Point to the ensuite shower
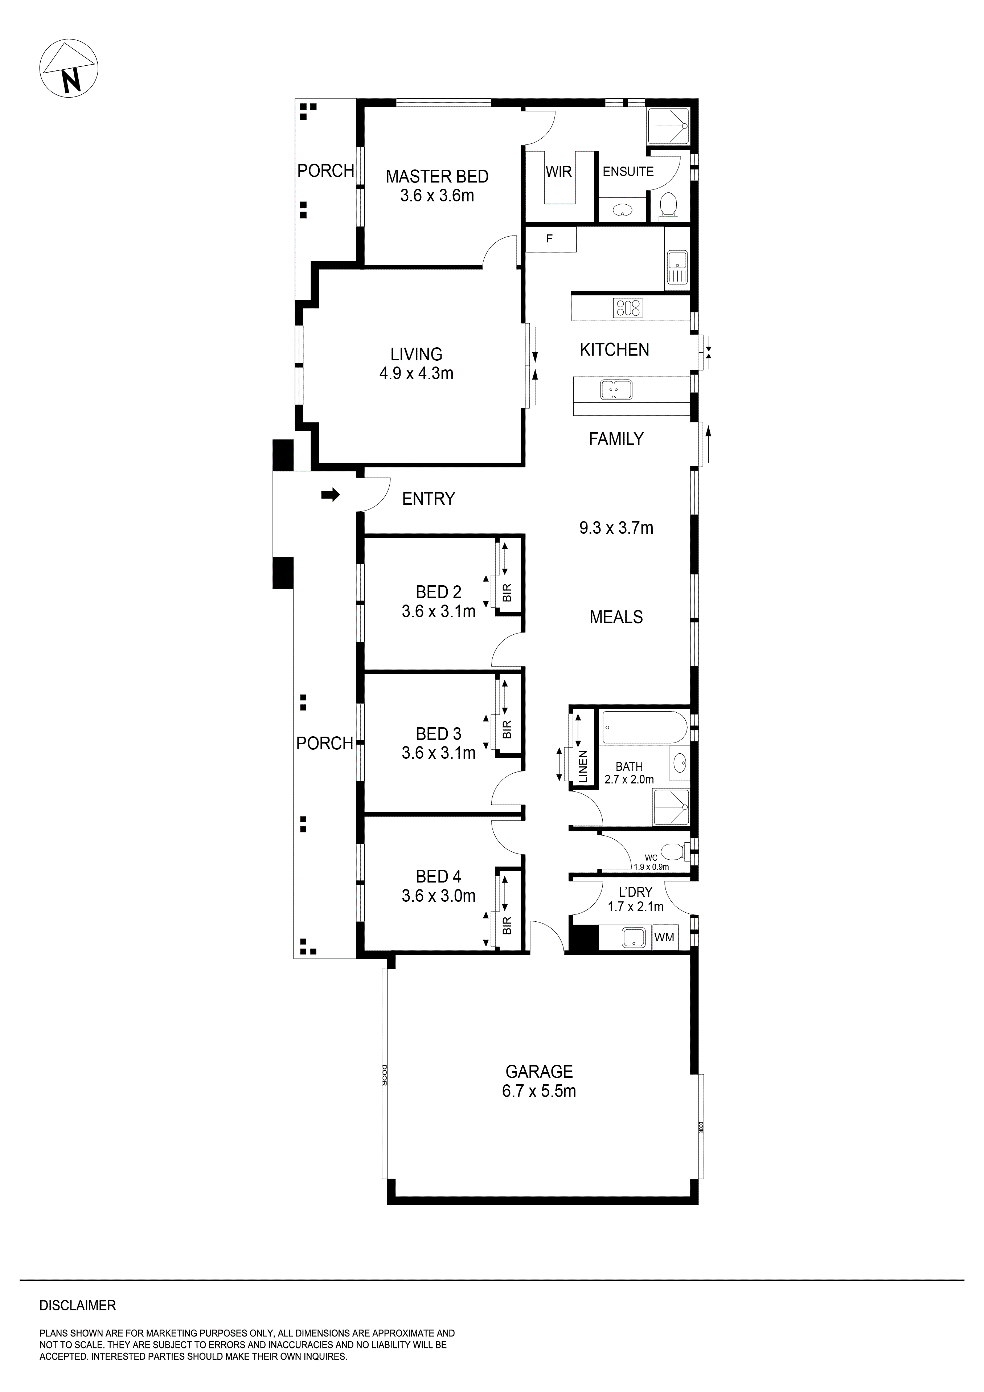point(668,126)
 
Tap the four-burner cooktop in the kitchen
point(628,308)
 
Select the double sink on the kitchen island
point(616,389)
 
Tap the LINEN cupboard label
point(583,767)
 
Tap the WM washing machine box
point(664,937)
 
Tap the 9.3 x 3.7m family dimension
point(616,528)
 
